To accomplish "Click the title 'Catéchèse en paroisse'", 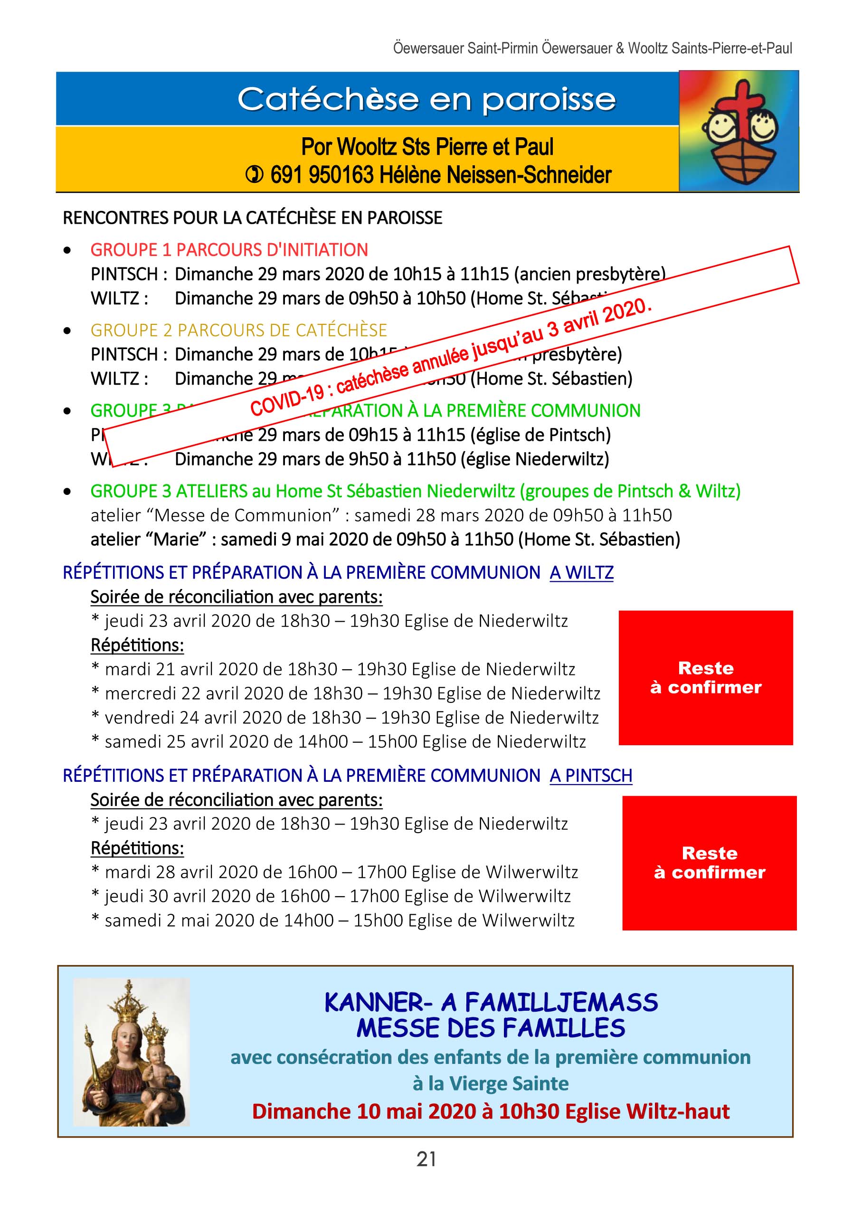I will pyautogui.click(x=426, y=99).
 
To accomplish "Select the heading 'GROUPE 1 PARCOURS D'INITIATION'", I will pyautogui.click(x=229, y=250).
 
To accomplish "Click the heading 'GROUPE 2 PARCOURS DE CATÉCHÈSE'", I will pyautogui.click(x=239, y=330).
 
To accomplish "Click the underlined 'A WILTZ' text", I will pyautogui.click(x=581, y=573).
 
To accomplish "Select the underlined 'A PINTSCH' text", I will pyautogui.click(x=591, y=776).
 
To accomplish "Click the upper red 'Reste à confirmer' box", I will pyautogui.click(x=706, y=678).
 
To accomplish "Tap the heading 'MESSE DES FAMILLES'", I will pyautogui.click(x=491, y=1028).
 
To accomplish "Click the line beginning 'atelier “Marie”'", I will pyautogui.click(x=385, y=540).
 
